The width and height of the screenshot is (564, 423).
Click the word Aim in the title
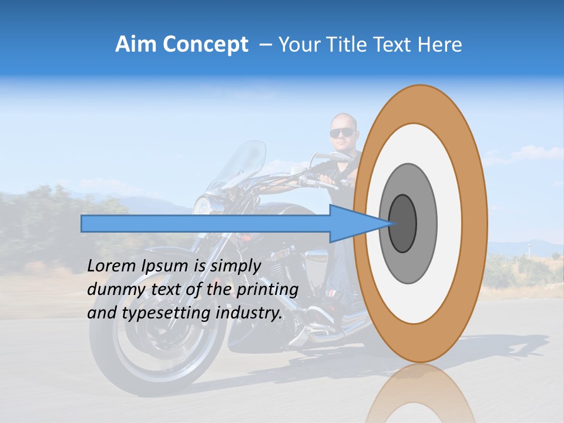(x=136, y=45)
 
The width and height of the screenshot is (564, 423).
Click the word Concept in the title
(x=205, y=45)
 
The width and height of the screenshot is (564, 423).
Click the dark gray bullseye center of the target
(x=403, y=223)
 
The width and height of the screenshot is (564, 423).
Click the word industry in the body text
(x=249, y=313)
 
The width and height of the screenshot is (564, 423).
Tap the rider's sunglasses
(x=341, y=133)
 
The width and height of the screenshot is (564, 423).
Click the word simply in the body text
(x=236, y=266)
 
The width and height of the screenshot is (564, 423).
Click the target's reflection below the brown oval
(x=420, y=394)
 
